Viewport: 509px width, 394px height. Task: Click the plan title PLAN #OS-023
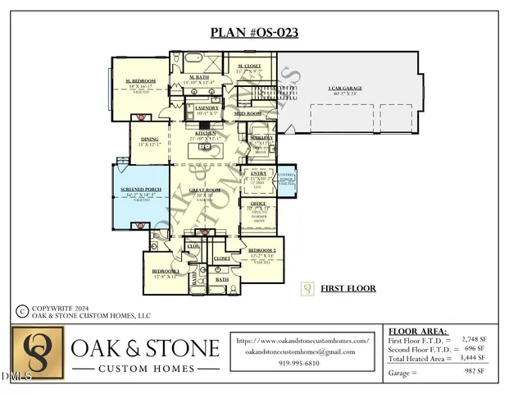coord(254,34)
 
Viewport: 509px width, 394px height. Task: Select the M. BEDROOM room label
coord(141,80)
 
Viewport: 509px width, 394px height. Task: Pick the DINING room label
coord(149,140)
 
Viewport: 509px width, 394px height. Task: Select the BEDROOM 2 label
coord(261,249)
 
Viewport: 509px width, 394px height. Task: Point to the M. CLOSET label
coord(249,66)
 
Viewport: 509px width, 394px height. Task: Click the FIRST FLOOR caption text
coord(348,289)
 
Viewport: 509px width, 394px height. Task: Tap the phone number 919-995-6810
coord(301,364)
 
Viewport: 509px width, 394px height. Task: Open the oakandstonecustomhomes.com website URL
coord(301,340)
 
